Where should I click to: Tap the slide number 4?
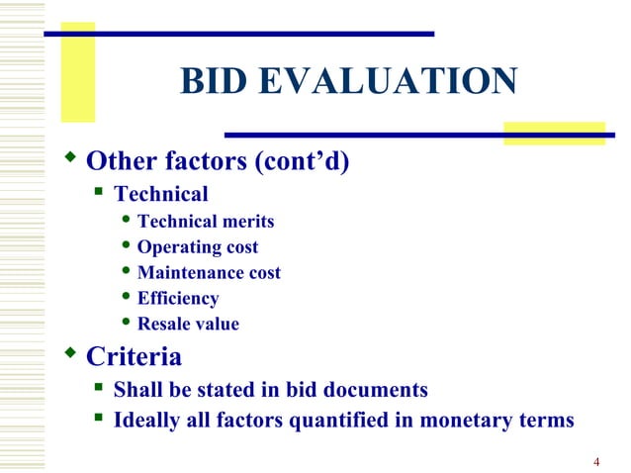[x=597, y=461]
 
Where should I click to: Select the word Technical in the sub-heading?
[x=161, y=194]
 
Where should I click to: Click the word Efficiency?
[x=178, y=298]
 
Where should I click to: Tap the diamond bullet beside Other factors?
[x=69, y=157]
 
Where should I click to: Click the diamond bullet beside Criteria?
[x=69, y=352]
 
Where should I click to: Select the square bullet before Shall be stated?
[x=99, y=388]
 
